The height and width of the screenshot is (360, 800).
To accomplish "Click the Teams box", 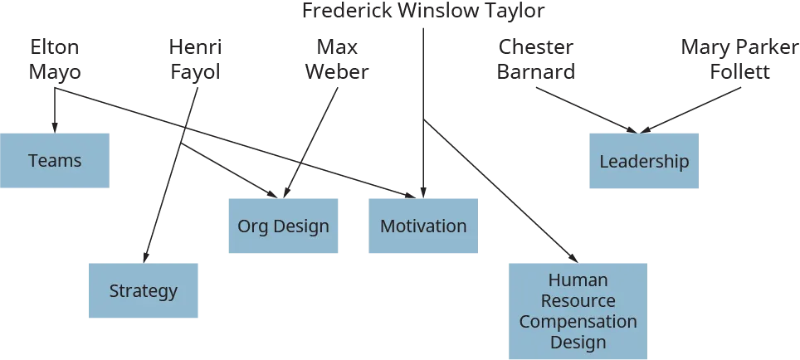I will pos(56,161).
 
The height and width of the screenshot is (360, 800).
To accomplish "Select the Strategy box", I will pos(143,291).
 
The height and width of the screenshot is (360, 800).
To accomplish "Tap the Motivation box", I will pos(422,226).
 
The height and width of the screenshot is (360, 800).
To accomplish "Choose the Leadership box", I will pos(643,162).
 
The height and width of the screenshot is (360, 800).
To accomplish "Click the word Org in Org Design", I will pos(252,226).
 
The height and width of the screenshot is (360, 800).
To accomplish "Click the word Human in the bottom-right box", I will pos(578,280).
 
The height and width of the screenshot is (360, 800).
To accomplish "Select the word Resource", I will pos(578,300).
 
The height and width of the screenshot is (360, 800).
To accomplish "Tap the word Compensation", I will pos(578,321).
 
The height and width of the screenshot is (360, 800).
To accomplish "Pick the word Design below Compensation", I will pos(578,342).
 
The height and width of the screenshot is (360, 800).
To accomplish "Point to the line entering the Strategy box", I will pos(162,199).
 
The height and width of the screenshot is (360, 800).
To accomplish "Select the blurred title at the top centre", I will pos(422,12).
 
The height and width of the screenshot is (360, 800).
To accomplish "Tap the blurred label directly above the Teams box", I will pos(55,56).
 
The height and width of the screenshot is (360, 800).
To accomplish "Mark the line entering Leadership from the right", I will pos(697,108).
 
